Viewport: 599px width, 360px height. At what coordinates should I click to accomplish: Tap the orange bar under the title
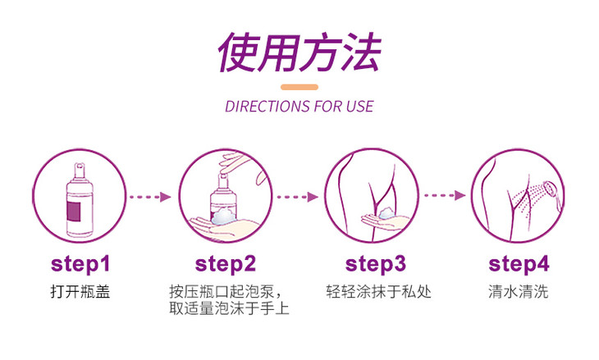299,87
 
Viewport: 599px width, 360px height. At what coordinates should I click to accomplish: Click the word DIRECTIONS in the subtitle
258,107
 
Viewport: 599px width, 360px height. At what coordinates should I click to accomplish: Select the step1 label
80,264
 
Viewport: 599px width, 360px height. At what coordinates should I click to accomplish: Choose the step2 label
226,264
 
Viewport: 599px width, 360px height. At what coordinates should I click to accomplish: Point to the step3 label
376,264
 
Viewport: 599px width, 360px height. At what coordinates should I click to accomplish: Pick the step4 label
519,264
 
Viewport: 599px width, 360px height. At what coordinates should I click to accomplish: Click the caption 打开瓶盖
80,291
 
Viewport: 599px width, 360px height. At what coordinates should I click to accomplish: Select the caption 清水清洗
518,291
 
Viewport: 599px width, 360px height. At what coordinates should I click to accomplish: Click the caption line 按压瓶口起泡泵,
226,291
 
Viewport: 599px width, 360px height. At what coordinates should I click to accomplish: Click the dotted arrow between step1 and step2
150,197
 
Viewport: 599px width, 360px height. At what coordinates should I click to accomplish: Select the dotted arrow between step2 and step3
296,197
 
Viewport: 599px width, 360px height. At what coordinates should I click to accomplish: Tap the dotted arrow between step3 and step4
444,197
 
